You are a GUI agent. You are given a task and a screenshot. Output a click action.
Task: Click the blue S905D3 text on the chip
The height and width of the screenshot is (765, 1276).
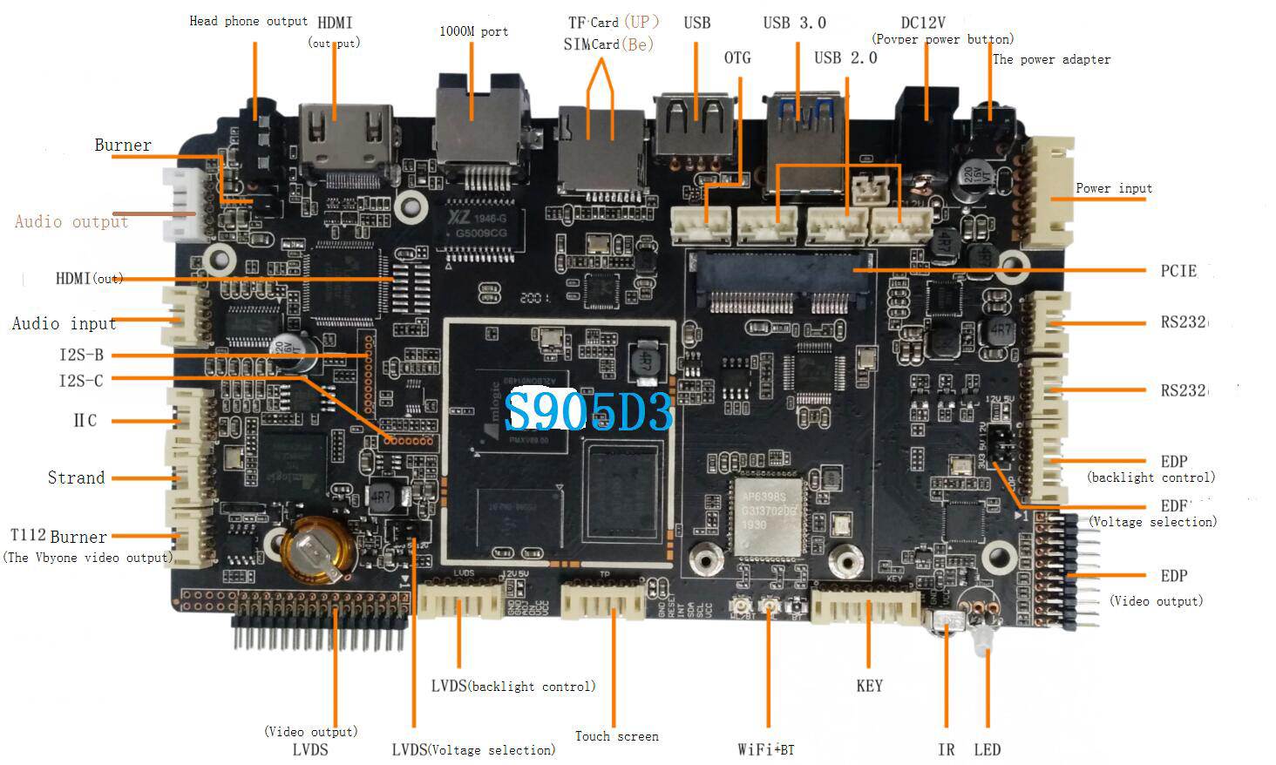pos(589,411)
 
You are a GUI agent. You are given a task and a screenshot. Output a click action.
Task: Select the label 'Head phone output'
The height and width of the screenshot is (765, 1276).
pos(248,21)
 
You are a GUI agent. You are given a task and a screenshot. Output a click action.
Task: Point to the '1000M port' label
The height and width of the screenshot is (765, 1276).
pos(473,31)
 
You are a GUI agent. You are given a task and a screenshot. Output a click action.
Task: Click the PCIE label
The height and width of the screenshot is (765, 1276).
pos(1178,271)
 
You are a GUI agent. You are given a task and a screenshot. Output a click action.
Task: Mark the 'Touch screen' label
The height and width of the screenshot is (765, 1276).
pos(616,736)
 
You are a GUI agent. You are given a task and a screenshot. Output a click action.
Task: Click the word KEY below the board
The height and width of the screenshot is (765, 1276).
pos(869,686)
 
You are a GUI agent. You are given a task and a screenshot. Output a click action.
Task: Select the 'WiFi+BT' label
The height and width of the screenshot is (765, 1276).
pos(765,749)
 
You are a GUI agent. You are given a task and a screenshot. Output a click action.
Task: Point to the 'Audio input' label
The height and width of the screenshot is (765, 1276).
pos(64,323)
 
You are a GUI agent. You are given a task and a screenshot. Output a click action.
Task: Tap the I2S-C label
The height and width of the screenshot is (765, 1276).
pos(81,380)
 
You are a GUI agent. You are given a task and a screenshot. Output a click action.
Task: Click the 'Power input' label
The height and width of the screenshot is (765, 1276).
pos(1113,188)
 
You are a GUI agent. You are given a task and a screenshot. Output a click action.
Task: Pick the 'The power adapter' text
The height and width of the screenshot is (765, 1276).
pos(1051,59)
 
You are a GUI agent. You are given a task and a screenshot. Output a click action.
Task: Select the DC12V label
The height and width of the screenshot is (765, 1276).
pos(923,23)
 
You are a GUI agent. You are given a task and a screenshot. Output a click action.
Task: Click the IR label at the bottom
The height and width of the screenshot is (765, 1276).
pos(946,749)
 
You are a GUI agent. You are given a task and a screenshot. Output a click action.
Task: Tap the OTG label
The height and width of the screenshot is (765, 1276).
pos(737,58)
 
